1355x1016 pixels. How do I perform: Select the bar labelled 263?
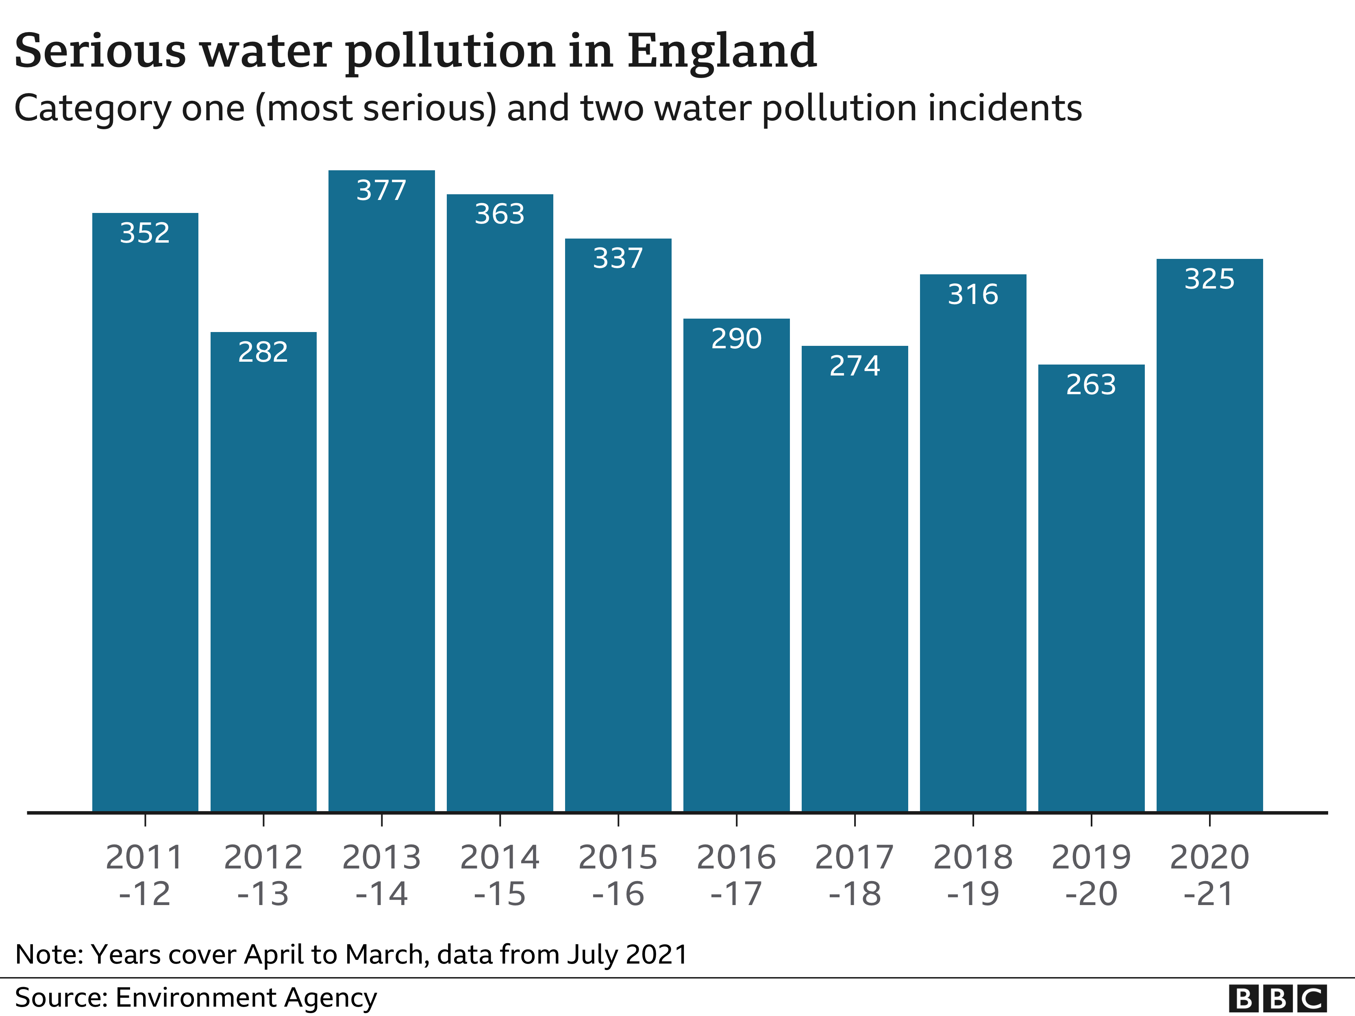click(1091, 588)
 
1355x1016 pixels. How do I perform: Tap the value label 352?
click(145, 233)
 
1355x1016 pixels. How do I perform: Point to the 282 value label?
click(263, 352)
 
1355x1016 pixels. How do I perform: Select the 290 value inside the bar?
click(736, 339)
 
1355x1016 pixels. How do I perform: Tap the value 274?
click(855, 366)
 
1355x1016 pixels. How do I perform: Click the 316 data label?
click(973, 295)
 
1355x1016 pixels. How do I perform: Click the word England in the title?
click(722, 52)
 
